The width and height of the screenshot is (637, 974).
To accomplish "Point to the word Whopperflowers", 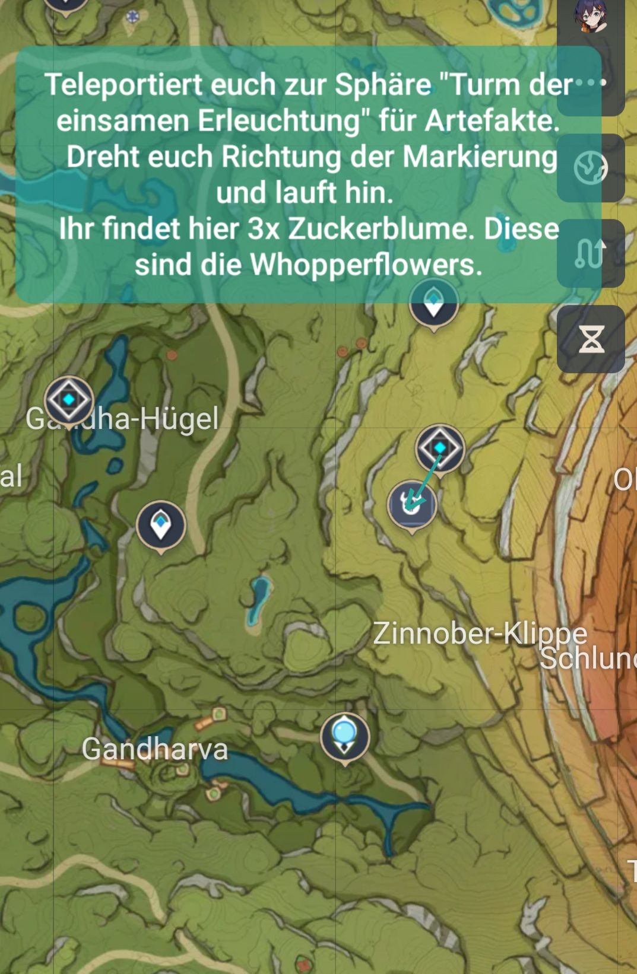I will [x=366, y=265].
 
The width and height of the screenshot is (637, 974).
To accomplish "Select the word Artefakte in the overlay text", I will [x=492, y=121].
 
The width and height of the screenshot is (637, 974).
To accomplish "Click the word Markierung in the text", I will [x=480, y=157].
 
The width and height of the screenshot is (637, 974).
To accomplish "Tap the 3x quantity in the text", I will [x=264, y=228].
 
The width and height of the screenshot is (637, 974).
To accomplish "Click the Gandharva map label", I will [x=154, y=749].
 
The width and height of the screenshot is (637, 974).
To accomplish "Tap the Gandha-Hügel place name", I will [x=122, y=419].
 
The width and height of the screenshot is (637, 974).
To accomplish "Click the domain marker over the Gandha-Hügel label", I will [x=69, y=400].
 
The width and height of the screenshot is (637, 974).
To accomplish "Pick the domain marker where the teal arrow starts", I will [x=440, y=448].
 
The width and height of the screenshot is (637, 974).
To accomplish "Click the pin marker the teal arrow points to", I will [x=412, y=505].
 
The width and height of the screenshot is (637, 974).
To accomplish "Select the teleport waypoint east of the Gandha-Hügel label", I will [x=161, y=526].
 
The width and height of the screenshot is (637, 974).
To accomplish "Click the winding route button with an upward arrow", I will [x=590, y=254].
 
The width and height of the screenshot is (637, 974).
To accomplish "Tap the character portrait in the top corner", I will [x=590, y=16].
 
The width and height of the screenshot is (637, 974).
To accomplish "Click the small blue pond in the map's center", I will [x=259, y=599].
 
